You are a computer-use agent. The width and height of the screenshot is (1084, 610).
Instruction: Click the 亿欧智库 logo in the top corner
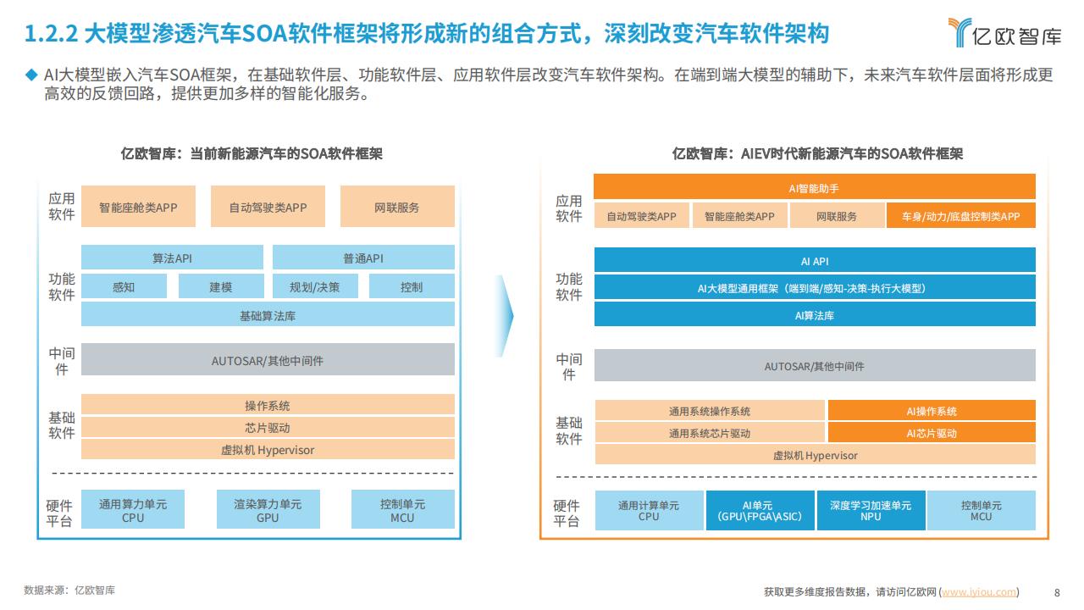1004,32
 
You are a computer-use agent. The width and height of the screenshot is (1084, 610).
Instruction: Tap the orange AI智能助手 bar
815,187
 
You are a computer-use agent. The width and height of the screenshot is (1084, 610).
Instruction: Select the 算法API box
172,258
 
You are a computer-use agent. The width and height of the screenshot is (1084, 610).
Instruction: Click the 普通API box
363,258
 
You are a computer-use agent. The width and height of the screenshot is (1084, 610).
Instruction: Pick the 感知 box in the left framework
124,286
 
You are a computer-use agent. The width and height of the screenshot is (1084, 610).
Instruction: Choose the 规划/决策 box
315,286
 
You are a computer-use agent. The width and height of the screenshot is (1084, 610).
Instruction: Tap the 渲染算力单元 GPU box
268,509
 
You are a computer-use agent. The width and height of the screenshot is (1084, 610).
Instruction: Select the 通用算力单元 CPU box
133,509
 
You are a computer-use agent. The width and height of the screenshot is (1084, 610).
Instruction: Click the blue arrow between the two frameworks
506,316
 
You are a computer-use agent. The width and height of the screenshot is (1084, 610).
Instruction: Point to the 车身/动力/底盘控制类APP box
961,215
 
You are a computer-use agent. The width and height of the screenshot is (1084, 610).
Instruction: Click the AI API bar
815,260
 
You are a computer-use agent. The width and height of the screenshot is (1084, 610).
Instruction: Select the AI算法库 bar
815,314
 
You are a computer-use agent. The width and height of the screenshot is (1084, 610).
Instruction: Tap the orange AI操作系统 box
932,411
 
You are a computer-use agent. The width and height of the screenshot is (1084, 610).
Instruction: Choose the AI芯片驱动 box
932,432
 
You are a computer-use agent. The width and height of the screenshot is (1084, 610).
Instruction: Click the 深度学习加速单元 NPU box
871,511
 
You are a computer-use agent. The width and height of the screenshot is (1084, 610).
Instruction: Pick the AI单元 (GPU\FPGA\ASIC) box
760,511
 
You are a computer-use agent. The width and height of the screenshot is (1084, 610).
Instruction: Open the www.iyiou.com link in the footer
978,592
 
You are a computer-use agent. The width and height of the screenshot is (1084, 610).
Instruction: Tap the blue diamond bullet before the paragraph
31,75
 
